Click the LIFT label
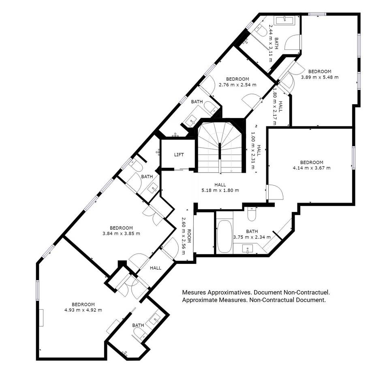[179, 155]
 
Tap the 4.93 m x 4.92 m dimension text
[83, 310]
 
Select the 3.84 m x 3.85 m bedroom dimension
[121, 234]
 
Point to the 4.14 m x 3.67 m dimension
[312, 168]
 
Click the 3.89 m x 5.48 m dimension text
[320, 77]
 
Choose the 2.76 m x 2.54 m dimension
[238, 85]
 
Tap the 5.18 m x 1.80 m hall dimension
[220, 190]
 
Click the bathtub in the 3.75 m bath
[225, 237]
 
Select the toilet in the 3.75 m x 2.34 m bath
[252, 214]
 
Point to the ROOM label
[189, 236]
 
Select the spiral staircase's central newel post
[220, 153]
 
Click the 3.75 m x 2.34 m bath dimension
[252, 237]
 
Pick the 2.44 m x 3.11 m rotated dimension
[270, 43]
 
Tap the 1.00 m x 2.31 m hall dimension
[253, 150]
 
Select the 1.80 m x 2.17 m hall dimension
[275, 106]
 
